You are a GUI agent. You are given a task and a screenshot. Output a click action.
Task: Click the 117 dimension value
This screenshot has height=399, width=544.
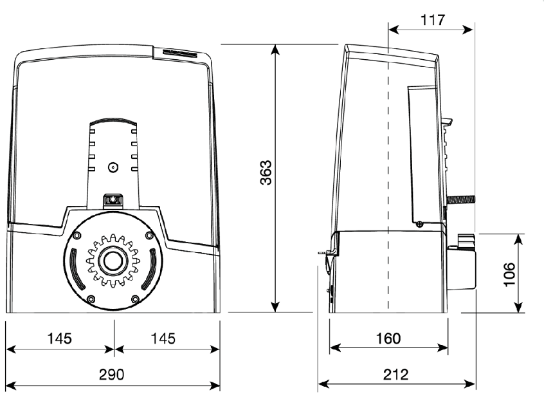pyautogui.click(x=433, y=20)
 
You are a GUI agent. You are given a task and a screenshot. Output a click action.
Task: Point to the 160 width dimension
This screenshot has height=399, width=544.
pyautogui.click(x=388, y=338)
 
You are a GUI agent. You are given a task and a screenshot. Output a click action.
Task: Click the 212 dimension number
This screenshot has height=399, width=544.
pyautogui.click(x=397, y=375)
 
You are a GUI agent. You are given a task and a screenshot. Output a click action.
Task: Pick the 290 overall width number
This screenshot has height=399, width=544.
pyautogui.click(x=114, y=375)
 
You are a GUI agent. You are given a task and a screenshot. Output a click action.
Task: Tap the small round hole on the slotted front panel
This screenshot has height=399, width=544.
pyautogui.click(x=113, y=166)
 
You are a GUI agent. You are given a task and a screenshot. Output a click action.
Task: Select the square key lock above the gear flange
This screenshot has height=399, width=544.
pyautogui.click(x=113, y=200)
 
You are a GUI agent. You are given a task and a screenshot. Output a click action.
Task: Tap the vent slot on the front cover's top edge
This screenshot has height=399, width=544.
pyautogui.click(x=181, y=52)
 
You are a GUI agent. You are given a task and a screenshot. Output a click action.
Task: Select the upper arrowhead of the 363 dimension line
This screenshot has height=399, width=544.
pyautogui.click(x=276, y=49)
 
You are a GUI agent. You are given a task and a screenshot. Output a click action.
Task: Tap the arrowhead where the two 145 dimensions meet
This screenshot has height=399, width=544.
pyautogui.click(x=114, y=349)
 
